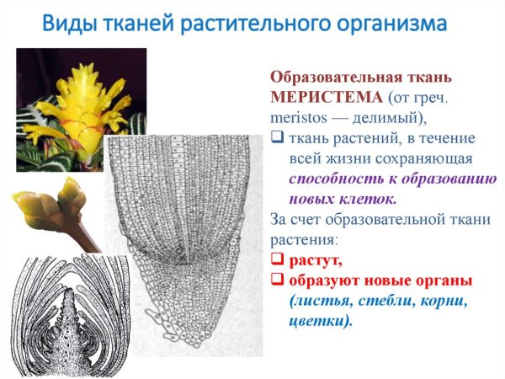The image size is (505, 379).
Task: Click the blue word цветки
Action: tap(318, 321)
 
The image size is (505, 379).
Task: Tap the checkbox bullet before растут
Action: tap(277, 260)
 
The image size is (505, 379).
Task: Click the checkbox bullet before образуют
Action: tap(277, 280)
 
